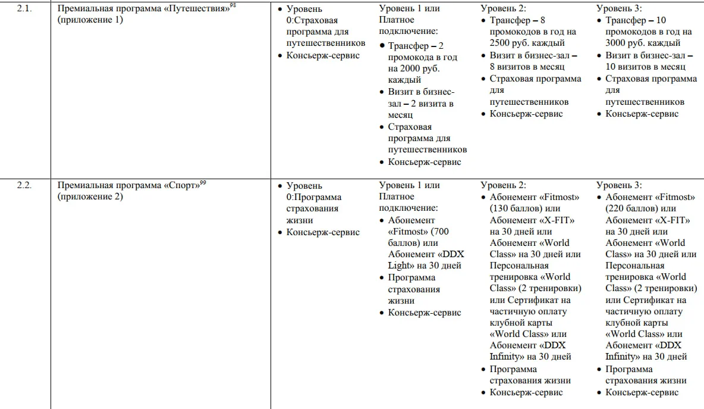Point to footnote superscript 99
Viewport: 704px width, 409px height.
point(203,183)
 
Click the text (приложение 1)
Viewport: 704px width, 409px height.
point(90,20)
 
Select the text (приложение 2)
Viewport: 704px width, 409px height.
point(90,196)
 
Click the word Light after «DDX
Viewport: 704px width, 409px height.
point(400,266)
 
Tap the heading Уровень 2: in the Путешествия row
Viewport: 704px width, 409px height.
point(503,9)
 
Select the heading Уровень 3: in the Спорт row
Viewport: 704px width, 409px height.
point(619,186)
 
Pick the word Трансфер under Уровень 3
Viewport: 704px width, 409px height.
point(626,20)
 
